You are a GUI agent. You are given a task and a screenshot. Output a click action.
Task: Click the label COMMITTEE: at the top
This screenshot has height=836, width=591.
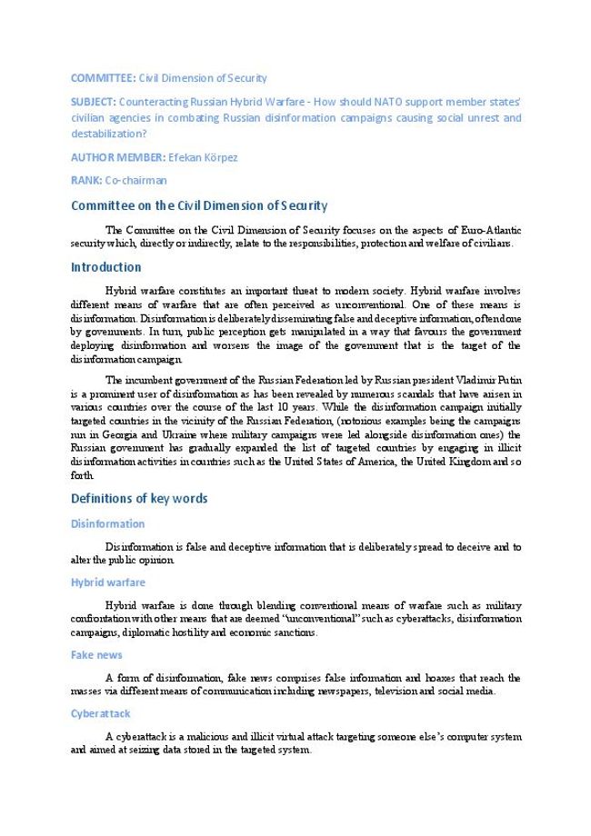coord(103,78)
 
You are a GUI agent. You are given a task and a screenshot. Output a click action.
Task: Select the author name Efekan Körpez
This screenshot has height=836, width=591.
coord(203,157)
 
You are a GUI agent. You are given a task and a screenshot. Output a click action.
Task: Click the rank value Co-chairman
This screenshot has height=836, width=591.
coord(135,180)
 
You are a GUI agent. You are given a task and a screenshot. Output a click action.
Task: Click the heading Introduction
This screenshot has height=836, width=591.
coord(105,267)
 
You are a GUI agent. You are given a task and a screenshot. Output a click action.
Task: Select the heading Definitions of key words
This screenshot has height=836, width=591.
coord(139,498)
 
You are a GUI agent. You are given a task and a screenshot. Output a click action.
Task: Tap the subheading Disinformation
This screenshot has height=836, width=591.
coord(107,523)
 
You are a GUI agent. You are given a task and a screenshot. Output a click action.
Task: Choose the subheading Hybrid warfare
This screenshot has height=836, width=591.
coord(107,582)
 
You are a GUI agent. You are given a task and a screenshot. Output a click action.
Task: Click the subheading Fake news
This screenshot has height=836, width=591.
coord(96,654)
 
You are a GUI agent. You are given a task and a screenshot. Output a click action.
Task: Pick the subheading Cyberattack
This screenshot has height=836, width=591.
coord(101,713)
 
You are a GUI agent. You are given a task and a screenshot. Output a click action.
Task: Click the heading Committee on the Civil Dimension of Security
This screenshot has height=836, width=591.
coord(199,205)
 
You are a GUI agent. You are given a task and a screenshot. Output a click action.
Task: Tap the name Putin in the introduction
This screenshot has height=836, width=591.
coord(507,381)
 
